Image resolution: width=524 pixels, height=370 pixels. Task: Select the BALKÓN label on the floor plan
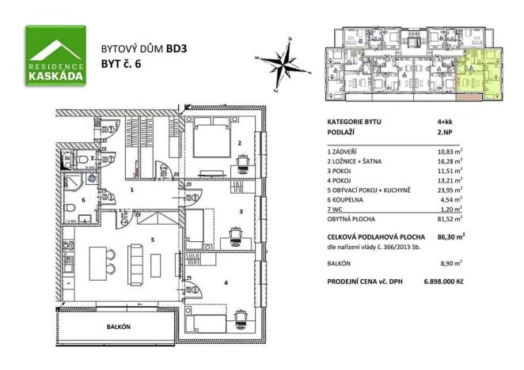tap(119, 326)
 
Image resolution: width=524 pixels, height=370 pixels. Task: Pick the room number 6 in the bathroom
tap(82, 200)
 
